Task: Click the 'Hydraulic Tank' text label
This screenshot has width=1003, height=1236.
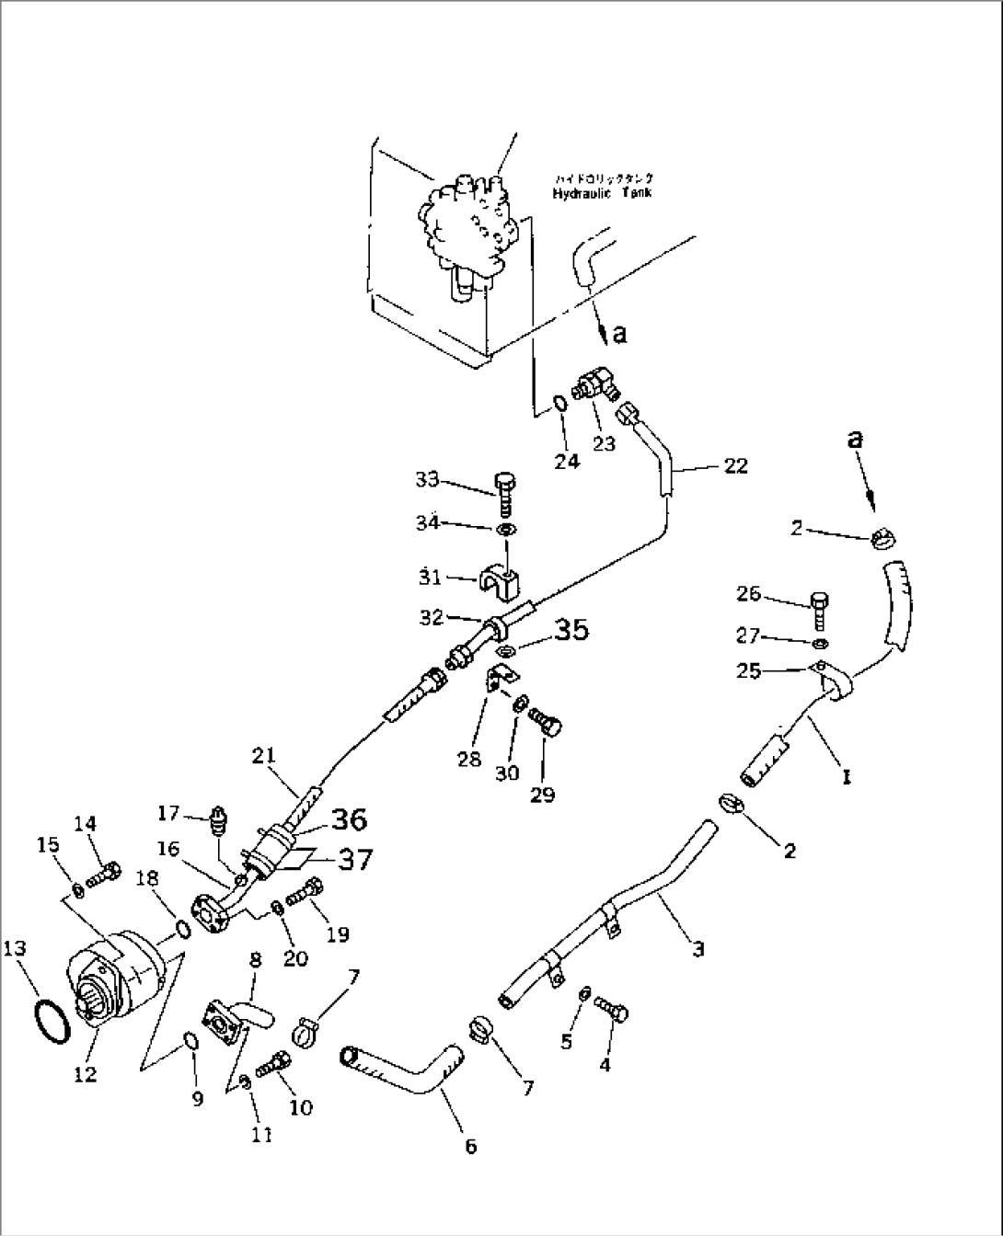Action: [x=602, y=193]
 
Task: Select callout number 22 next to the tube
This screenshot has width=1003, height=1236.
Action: [x=735, y=466]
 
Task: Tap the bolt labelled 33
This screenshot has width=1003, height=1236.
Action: [x=504, y=494]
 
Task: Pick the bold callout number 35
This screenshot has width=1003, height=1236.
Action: [x=571, y=630]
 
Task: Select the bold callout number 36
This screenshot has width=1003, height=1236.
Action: [x=350, y=818]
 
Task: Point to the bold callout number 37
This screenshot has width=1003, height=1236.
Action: [x=354, y=859]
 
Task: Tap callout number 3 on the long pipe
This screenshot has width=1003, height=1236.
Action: [x=698, y=948]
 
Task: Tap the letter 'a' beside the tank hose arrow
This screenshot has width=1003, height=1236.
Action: [x=619, y=333]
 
